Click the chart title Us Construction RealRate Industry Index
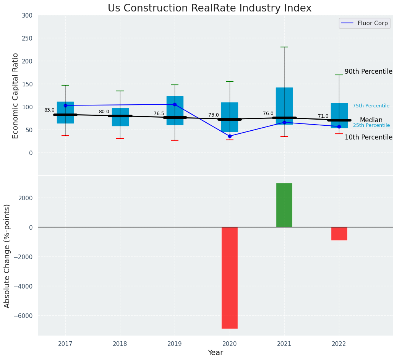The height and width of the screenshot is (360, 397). point(209,8)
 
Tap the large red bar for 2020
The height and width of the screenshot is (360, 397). point(230,277)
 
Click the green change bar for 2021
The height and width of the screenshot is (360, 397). point(284,205)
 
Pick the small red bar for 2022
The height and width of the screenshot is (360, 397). point(339,234)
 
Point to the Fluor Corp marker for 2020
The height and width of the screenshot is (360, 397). point(230,136)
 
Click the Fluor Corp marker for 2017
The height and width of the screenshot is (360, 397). point(65,105)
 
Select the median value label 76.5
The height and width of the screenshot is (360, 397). point(159,114)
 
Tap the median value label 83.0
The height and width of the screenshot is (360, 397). point(49,110)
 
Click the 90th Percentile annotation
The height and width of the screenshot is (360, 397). point(368,71)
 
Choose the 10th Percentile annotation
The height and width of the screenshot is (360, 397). point(368,137)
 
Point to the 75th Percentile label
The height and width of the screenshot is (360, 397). point(371,106)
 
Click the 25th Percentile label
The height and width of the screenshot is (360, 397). point(371,125)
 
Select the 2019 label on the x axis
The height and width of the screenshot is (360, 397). point(175,344)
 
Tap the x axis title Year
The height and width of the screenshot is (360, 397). point(216,353)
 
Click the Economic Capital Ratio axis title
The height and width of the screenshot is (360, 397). point(15,96)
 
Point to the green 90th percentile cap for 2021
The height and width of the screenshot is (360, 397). point(284,47)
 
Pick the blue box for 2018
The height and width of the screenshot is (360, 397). point(120,117)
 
